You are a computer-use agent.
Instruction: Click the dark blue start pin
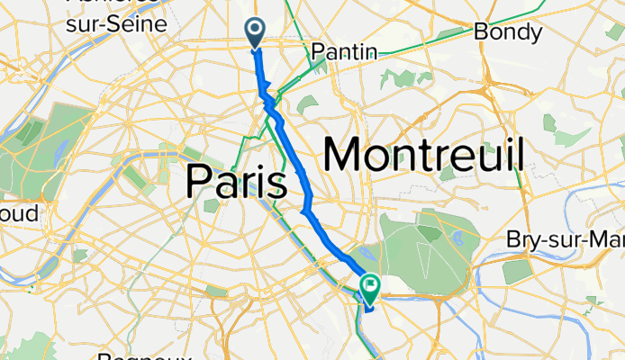pyautogui.click(x=255, y=33)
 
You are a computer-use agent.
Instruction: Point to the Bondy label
pyautogui.click(x=510, y=32)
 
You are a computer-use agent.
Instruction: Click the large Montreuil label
pyautogui.click(x=423, y=155)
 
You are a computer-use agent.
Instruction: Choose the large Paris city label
pyautogui.click(x=236, y=183)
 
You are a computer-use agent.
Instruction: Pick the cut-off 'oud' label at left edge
pyautogui.click(x=18, y=213)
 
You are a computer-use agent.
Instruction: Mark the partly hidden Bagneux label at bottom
pyautogui.click(x=136, y=355)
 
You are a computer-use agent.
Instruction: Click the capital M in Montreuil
pyautogui.click(x=342, y=155)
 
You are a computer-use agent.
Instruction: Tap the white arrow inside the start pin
pyautogui.click(x=255, y=31)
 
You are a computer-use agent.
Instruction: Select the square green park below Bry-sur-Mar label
pyautogui.click(x=517, y=269)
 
